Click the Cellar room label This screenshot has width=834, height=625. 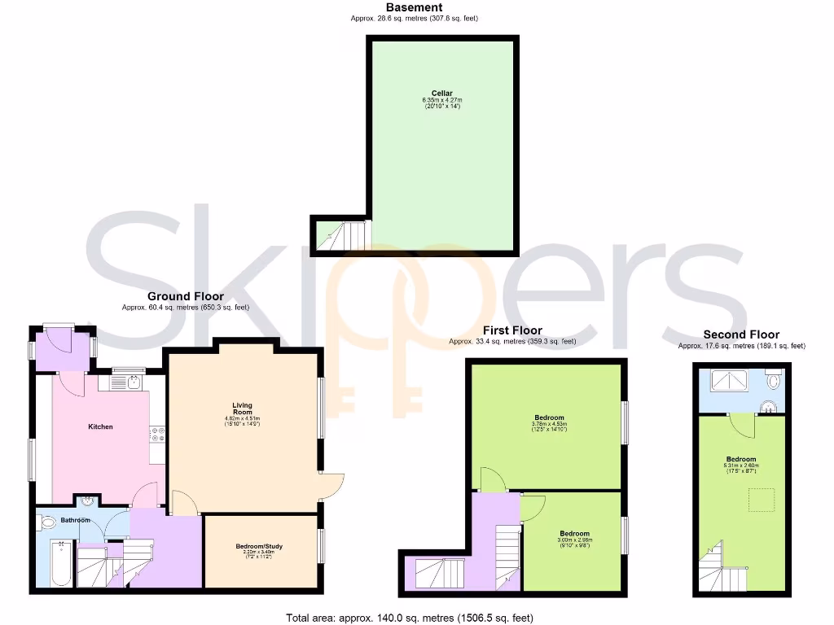click(442, 94)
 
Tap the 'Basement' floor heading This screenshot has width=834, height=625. click(414, 7)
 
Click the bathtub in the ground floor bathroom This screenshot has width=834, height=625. click(60, 562)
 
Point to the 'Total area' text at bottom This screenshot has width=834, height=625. click(410, 618)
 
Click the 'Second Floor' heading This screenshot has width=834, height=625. click(741, 334)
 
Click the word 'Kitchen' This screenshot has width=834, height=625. click(100, 426)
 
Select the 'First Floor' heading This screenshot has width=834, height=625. click(511, 330)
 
